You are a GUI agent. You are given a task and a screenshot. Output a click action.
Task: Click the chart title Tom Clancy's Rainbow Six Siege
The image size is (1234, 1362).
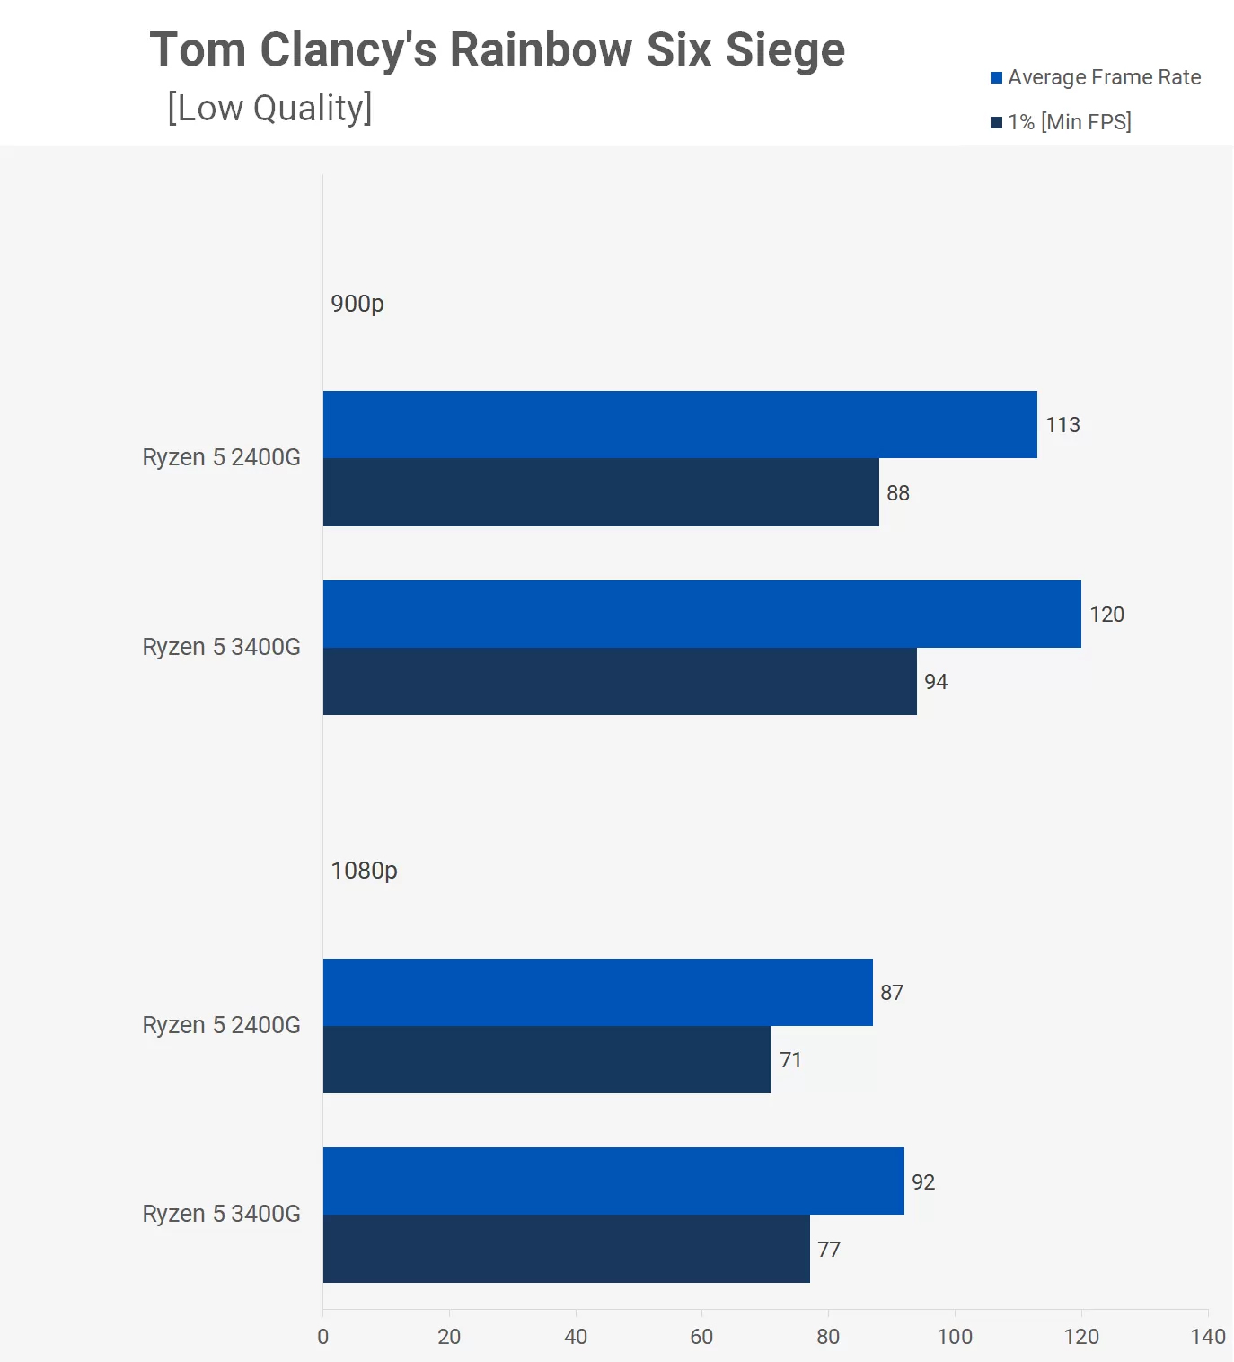point(497,49)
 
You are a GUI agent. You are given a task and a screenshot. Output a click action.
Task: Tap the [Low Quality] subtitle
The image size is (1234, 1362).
point(269,108)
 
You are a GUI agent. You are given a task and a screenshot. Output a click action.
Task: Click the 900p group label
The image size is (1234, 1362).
point(357,304)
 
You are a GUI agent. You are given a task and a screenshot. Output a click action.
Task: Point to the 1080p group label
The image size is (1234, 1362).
point(364,871)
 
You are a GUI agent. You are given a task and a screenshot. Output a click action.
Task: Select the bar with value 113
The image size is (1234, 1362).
point(680,424)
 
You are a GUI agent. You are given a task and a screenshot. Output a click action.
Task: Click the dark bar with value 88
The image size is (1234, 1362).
point(601,492)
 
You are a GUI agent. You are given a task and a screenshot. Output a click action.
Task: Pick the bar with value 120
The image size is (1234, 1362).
point(701,614)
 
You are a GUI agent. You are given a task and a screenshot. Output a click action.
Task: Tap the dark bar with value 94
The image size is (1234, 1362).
point(620,681)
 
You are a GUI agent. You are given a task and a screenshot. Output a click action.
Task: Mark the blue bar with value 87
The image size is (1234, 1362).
point(597,992)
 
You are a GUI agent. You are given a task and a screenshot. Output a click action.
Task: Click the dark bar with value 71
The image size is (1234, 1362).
point(547,1059)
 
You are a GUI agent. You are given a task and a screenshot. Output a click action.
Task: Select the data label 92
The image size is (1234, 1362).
point(923,1182)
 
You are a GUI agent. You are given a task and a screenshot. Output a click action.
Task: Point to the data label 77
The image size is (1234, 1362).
point(829,1250)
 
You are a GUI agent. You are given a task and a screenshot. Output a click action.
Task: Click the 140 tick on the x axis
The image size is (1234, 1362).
point(1208,1337)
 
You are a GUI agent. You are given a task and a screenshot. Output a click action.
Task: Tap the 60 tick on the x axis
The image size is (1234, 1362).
point(701,1337)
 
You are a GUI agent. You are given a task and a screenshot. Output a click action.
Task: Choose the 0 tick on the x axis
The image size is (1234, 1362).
point(323,1337)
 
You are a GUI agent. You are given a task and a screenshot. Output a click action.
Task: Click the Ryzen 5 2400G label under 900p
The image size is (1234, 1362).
point(221,457)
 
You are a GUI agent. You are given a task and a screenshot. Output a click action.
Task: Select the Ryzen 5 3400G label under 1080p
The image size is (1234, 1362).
point(221,1214)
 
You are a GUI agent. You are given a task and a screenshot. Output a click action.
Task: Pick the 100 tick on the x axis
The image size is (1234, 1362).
point(955,1337)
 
